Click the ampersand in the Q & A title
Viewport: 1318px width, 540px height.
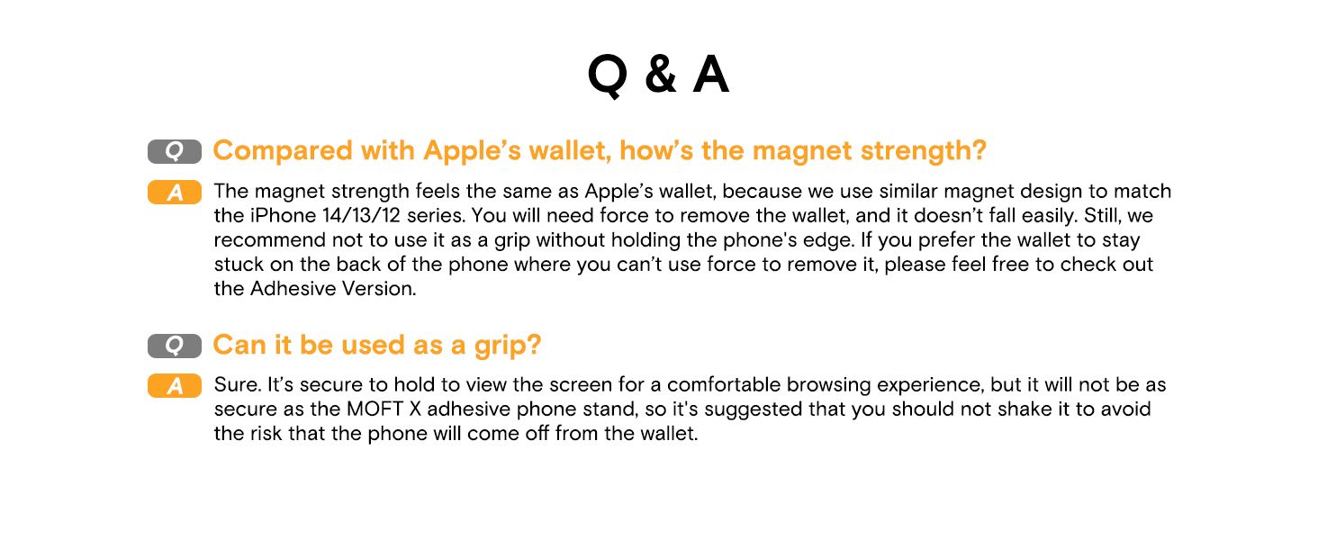pos(660,75)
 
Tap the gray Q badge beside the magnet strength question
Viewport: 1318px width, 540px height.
pos(175,151)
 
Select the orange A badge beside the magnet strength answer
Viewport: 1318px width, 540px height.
pos(175,193)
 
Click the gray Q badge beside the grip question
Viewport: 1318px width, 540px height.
pos(175,346)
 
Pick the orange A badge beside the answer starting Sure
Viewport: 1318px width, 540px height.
pos(175,386)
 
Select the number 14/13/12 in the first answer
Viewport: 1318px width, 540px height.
pos(361,215)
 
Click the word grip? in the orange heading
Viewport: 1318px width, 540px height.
pos(508,346)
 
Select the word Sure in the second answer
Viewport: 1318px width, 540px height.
pos(237,384)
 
